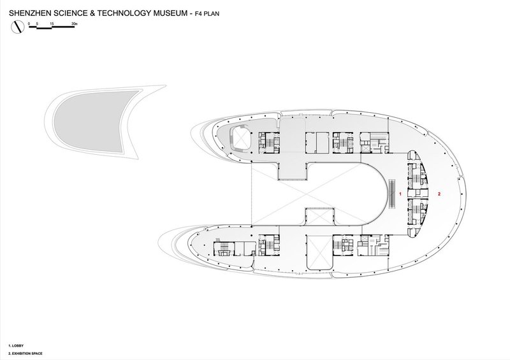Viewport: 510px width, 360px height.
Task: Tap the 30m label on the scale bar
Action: tap(75, 23)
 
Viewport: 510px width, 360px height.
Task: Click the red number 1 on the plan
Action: tap(400, 192)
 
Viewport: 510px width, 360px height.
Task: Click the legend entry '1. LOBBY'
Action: tap(16, 344)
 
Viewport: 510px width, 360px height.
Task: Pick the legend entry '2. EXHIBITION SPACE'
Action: tap(25, 352)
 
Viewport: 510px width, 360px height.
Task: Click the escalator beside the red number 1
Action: tap(391, 192)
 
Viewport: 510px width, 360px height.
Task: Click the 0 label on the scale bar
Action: tap(29, 23)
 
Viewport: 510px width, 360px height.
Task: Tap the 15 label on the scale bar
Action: tap(52, 23)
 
